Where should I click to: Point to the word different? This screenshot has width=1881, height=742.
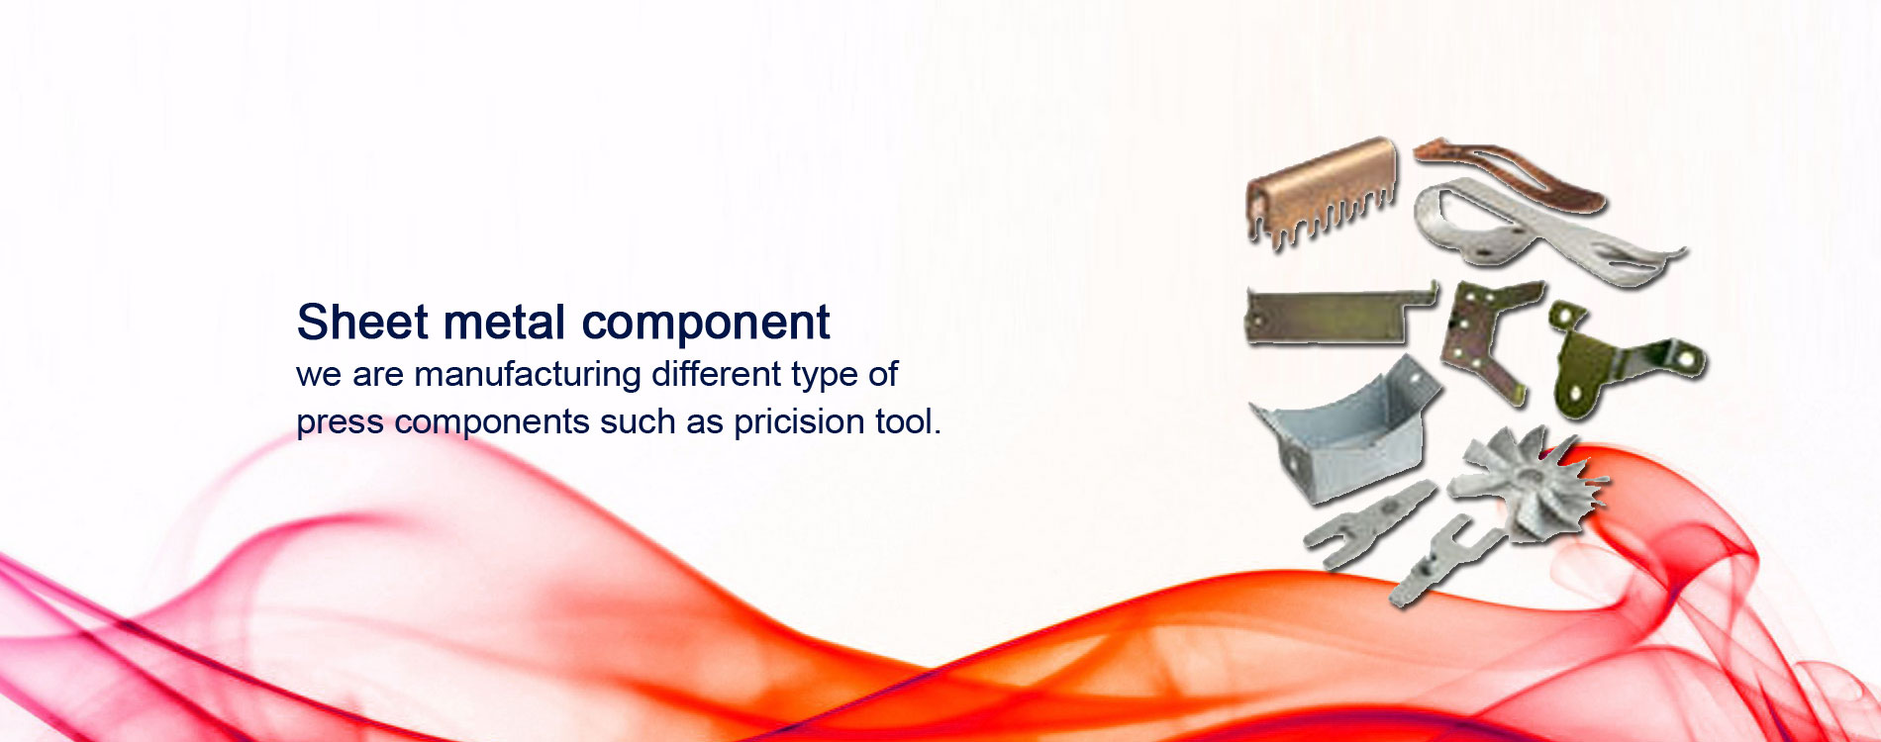(x=716, y=374)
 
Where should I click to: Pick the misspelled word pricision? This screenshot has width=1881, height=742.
(x=800, y=422)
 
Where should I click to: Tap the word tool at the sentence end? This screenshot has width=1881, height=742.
(x=907, y=421)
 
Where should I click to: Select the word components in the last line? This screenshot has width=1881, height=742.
(x=492, y=424)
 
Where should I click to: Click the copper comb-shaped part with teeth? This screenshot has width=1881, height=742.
(x=1322, y=191)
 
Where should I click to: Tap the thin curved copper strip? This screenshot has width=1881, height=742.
(x=1509, y=172)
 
